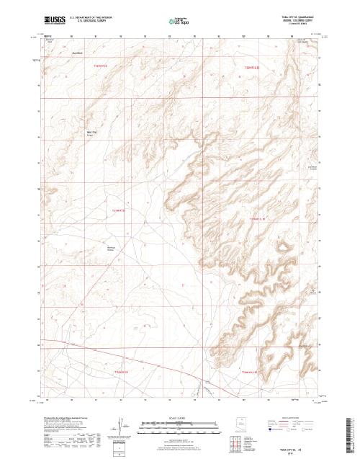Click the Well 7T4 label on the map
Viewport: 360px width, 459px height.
(x=91, y=133)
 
